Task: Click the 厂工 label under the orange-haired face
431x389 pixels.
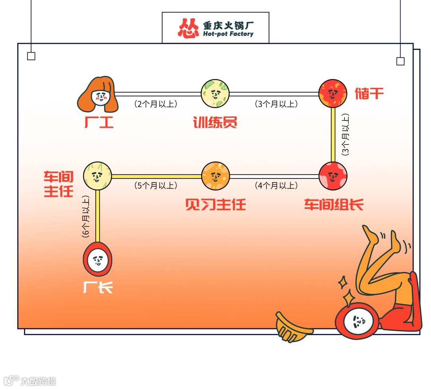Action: click(99, 122)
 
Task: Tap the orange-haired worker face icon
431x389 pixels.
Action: click(98, 95)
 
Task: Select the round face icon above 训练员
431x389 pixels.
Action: click(215, 94)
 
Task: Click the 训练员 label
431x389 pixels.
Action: click(215, 122)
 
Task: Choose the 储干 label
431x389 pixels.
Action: click(369, 93)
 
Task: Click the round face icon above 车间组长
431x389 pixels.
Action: click(333, 176)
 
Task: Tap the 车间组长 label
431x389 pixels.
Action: click(334, 205)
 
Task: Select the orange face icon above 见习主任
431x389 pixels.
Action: click(215, 176)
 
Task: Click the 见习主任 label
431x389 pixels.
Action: click(215, 205)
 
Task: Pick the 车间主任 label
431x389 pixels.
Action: click(59, 185)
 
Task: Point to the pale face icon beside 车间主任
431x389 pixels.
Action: click(97, 176)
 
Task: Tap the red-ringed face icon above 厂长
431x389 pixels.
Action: click(98, 259)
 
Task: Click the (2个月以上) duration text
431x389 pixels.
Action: click(156, 104)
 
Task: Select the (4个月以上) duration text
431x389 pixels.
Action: click(276, 186)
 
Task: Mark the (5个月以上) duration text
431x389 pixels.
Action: click(156, 186)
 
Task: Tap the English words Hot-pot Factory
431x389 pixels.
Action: click(228, 34)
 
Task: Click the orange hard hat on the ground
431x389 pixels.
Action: click(294, 327)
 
